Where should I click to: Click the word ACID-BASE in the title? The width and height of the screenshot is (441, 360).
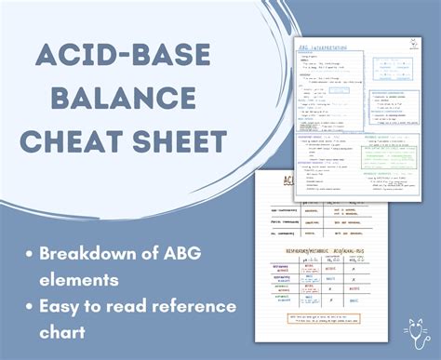[x=121, y=58]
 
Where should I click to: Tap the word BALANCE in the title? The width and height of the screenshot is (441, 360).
[x=121, y=100]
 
